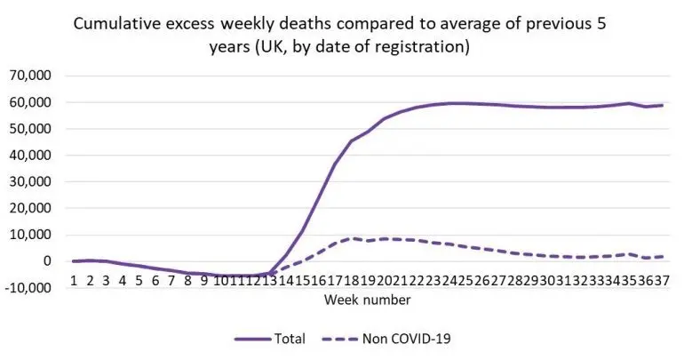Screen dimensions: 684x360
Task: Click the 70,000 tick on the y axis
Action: click(x=29, y=76)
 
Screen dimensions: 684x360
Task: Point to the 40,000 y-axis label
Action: click(x=29, y=155)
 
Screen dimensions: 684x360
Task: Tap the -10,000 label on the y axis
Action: click(x=27, y=288)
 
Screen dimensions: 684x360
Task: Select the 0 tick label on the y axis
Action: click(x=46, y=261)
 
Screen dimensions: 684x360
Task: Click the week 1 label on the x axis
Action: click(x=74, y=281)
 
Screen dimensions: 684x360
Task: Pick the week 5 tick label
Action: click(x=139, y=281)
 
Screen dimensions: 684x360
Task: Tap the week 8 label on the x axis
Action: click(x=187, y=281)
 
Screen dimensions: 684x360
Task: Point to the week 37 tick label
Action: click(x=661, y=281)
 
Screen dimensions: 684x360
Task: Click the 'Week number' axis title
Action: click(x=367, y=300)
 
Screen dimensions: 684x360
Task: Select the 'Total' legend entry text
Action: click(x=290, y=339)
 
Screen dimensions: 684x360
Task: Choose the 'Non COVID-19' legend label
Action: click(x=407, y=339)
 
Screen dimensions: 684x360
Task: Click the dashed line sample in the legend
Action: click(x=340, y=339)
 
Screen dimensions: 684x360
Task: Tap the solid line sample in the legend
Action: click(x=252, y=339)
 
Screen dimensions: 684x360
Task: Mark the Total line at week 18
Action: click(x=352, y=141)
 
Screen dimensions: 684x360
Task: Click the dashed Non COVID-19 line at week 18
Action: click(x=352, y=238)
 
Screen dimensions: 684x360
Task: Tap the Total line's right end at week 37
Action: click(x=663, y=105)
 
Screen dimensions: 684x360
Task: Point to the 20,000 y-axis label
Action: click(x=29, y=208)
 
